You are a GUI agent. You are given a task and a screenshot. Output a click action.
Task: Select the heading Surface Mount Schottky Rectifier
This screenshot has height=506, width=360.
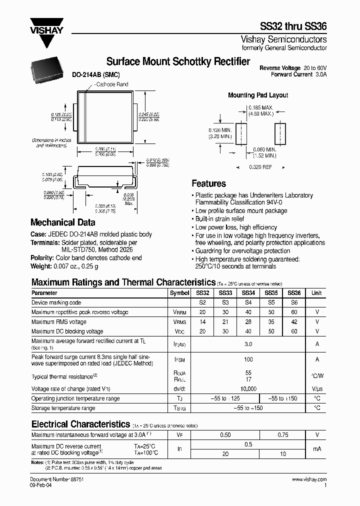pos(178,61)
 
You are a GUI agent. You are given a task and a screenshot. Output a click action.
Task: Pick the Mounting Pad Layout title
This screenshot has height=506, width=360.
pos(258,95)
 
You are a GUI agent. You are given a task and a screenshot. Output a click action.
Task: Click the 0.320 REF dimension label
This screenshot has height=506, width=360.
pos(260,167)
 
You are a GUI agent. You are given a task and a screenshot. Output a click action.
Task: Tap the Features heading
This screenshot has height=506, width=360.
pos(209,183)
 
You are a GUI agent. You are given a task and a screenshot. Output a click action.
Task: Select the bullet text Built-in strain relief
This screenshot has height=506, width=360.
pos(219,219)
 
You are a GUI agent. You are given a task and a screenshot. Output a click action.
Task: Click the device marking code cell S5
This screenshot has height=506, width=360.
pos(271,303)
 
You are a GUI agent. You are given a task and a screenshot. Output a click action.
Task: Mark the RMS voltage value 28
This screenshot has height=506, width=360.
pos(248,322)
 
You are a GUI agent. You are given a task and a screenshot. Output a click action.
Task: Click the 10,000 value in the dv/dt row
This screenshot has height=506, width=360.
pos(248,388)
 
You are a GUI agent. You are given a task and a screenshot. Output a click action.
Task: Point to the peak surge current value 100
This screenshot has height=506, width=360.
pos(248,359)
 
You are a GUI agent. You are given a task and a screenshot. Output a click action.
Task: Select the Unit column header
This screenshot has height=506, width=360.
pos(316,293)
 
